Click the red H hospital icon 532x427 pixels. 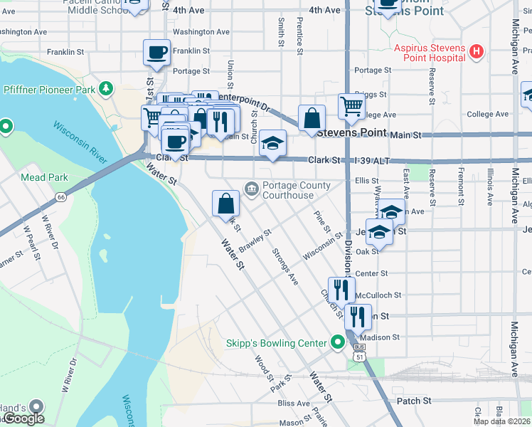pos(477,53)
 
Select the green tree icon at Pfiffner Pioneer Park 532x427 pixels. pos(106,89)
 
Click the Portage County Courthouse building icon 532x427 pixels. pos(251,189)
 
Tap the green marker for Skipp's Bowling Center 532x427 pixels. pos(339,344)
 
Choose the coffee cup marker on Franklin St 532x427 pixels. pos(156,53)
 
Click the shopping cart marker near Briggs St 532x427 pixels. pos(351,107)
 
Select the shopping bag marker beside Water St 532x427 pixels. pos(225,204)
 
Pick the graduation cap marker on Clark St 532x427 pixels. pos(272,142)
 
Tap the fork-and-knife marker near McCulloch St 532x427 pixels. pos(341,290)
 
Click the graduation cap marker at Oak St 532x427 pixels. pos(380,233)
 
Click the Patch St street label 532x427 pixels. pos(414,401)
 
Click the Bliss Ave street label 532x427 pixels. pos(294,404)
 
